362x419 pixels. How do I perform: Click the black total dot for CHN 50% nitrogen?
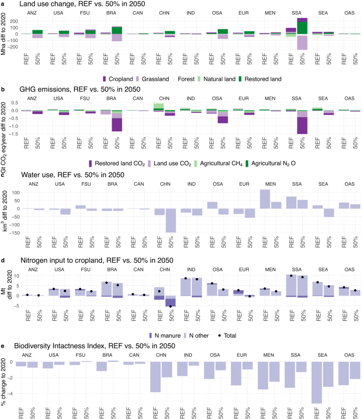click(x=171, y=306)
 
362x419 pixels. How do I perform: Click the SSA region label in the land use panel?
click(x=296, y=13)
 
